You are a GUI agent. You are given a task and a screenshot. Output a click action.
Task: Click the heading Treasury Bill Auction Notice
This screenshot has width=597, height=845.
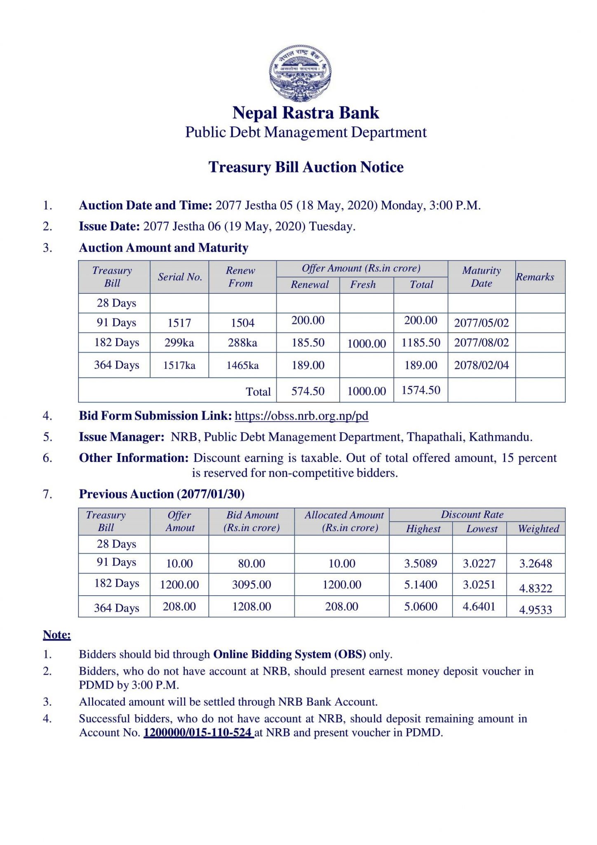pyautogui.click(x=306, y=167)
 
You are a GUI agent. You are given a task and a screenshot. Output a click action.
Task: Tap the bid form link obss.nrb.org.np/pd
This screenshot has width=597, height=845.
pyautogui.click(x=301, y=415)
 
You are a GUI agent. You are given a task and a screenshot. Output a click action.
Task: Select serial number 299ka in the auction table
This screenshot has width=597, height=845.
pyautogui.click(x=179, y=342)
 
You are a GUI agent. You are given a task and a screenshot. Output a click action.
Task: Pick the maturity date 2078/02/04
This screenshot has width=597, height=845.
pyautogui.click(x=481, y=365)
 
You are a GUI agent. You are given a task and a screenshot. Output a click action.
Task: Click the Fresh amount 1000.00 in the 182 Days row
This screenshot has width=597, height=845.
pyautogui.click(x=366, y=344)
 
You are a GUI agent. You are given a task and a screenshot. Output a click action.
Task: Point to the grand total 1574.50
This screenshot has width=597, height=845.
pyautogui.click(x=421, y=390)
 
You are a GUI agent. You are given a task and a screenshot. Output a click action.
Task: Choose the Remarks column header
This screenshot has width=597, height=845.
pyautogui.click(x=535, y=277)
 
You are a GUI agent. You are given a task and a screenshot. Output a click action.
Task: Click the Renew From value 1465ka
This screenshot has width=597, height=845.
pyautogui.click(x=242, y=365)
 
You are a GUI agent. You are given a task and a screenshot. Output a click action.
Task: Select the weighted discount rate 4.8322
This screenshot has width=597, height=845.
pyautogui.click(x=535, y=588)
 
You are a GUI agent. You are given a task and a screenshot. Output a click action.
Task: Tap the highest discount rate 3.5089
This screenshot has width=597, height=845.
pyautogui.click(x=420, y=564)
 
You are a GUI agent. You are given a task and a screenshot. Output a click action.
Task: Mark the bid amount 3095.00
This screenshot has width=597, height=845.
pyautogui.click(x=251, y=585)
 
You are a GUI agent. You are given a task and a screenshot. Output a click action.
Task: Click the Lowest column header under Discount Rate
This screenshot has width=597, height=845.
pyautogui.click(x=482, y=529)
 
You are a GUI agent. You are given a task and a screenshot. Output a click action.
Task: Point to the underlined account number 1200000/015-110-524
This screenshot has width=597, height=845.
pyautogui.click(x=198, y=732)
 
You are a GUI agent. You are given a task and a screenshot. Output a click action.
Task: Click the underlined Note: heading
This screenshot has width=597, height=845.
pyautogui.click(x=57, y=634)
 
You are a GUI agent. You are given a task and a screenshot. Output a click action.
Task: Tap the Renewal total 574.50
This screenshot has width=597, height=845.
pyautogui.click(x=308, y=391)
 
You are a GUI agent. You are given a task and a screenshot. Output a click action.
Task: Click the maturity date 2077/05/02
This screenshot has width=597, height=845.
pyautogui.click(x=481, y=323)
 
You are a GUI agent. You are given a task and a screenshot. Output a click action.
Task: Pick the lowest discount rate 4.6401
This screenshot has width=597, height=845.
pyautogui.click(x=479, y=607)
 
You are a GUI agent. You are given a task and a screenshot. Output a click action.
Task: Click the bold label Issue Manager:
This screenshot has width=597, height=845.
pyautogui.click(x=122, y=437)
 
